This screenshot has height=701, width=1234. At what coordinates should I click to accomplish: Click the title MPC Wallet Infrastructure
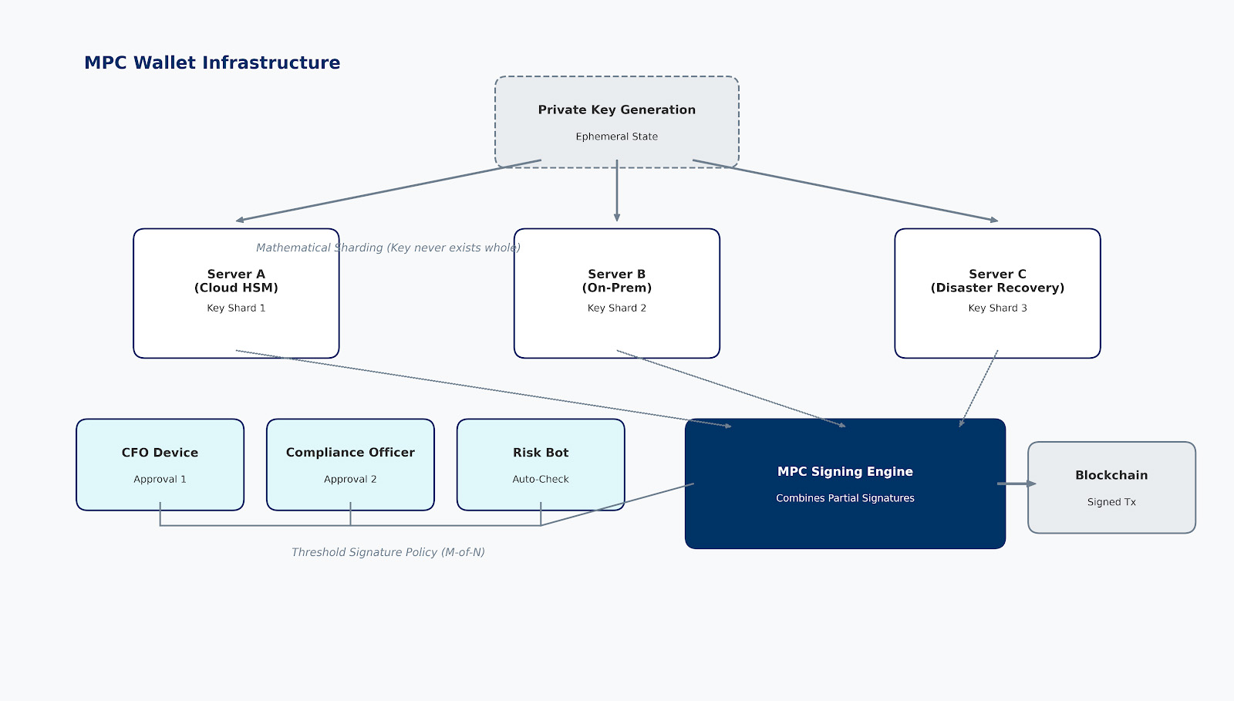coord(212,62)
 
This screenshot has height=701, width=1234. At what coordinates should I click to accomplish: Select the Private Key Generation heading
coord(616,110)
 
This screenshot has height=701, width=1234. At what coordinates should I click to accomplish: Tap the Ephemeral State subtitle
coord(616,136)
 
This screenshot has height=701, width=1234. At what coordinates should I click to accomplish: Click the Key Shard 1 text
coord(236,308)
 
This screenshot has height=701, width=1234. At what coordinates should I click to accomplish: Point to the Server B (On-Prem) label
coord(616,281)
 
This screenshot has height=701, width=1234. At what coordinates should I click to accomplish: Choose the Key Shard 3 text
coord(997,308)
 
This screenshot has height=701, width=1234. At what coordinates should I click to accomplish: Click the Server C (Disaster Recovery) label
coord(997,281)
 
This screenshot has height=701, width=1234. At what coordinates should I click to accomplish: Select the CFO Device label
coord(160,453)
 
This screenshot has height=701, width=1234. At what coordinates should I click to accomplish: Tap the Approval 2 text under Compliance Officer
coord(350,479)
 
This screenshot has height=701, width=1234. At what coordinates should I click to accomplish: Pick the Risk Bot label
coord(541,453)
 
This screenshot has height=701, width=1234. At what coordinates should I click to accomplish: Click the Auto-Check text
coord(541,479)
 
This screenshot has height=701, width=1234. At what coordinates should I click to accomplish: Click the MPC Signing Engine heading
coord(845,471)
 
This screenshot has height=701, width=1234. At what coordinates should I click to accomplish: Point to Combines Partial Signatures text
coord(845,498)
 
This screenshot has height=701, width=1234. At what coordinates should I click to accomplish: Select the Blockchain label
coord(1111,475)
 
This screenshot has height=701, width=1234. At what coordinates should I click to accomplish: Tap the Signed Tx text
coord(1111,502)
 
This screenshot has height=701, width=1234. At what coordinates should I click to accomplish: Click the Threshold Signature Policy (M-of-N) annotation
coord(388,552)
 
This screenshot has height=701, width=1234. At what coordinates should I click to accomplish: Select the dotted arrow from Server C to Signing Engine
coord(979,388)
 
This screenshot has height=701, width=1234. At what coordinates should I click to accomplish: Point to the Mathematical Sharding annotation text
coord(388,248)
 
